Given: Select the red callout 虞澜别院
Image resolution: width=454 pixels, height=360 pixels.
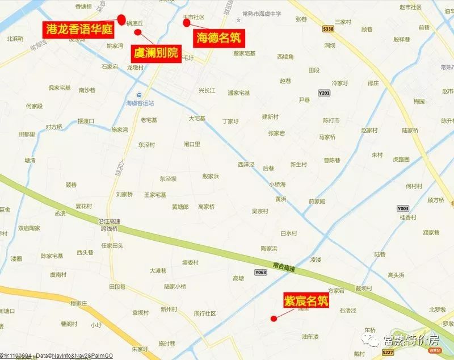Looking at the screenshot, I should pos(155,54).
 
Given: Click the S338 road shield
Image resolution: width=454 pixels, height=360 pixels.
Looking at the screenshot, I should pos(327,28).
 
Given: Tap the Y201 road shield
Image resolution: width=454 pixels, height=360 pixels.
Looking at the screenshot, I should pos(324,93).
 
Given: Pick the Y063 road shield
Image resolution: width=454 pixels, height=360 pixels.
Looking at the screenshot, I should pos(260,272).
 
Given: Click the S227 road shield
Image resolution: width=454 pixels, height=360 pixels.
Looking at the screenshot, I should pos(388,352).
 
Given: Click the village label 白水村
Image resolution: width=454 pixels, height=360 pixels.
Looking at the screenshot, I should pos(288,233).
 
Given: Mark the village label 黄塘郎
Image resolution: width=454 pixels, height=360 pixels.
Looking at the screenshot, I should pos(180,207).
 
